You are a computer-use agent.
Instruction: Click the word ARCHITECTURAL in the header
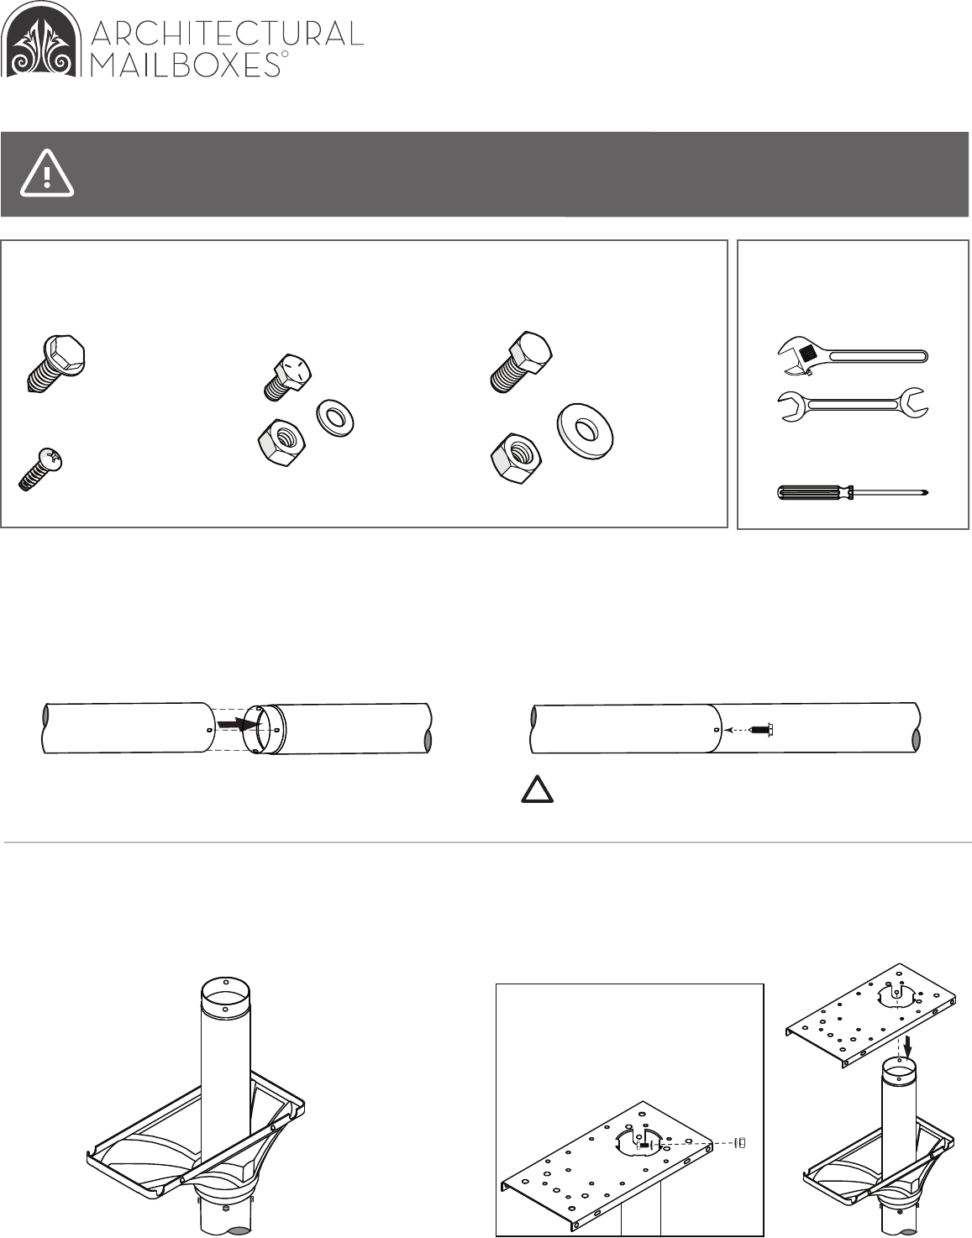[x=228, y=34]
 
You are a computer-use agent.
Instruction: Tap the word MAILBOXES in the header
[x=186, y=65]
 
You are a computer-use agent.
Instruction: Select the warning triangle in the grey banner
[x=47, y=173]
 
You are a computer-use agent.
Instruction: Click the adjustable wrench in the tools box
[x=853, y=356]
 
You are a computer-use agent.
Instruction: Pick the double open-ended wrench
[x=853, y=405]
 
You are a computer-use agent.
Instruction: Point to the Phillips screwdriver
[x=853, y=492]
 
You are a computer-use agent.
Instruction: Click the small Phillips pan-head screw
[x=39, y=469]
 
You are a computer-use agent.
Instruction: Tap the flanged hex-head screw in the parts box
[x=55, y=362]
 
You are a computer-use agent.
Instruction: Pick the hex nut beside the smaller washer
[x=281, y=442]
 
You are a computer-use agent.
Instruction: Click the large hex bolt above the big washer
[x=521, y=361]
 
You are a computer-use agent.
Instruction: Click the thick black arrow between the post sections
[x=239, y=723]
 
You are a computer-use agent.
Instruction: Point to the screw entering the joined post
[x=762, y=729]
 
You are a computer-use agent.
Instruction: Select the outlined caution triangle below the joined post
[x=537, y=789]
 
